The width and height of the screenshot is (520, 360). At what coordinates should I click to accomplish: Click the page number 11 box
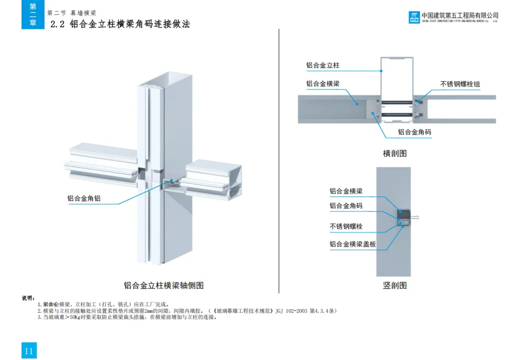[29, 351]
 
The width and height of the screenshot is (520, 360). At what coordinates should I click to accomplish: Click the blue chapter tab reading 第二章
[33, 14]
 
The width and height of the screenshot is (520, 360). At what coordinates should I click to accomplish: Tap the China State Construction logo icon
[414, 17]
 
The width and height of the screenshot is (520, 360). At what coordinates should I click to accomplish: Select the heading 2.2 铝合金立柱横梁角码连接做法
[120, 24]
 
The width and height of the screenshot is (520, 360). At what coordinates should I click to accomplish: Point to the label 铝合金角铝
[84, 198]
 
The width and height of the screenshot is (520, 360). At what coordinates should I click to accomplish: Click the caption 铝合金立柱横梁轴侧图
[164, 285]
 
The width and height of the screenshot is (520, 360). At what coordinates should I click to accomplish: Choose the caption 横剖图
[395, 154]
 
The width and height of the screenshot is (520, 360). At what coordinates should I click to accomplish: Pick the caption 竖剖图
[395, 285]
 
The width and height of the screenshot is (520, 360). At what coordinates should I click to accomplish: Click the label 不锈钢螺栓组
[460, 84]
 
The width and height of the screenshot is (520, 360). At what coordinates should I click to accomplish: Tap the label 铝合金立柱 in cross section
[323, 65]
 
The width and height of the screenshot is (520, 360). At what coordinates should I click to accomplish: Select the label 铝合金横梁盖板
[352, 244]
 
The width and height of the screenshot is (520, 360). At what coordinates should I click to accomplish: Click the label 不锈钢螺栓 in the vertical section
[346, 226]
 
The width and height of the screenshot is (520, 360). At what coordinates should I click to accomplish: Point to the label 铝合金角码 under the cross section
[414, 132]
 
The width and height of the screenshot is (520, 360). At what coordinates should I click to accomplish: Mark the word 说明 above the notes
[28, 298]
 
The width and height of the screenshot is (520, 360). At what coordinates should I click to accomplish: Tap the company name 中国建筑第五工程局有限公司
[460, 15]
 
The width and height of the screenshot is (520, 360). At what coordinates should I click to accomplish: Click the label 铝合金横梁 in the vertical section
[346, 191]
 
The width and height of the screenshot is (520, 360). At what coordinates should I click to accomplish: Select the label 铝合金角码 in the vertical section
[346, 206]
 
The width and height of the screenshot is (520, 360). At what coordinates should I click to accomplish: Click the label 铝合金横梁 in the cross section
[323, 84]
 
